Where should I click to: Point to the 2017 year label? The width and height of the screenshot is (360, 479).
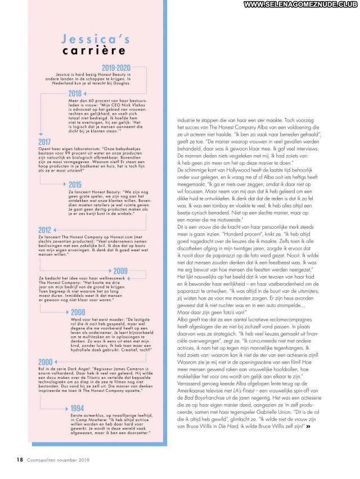point(45,141)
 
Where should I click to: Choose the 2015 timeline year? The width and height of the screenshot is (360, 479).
point(75,184)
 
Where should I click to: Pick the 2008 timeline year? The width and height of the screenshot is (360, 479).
point(78,312)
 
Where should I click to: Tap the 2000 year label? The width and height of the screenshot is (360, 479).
point(45,362)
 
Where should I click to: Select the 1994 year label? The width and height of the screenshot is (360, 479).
point(78,408)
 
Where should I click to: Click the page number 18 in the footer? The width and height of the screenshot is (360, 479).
point(19,459)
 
